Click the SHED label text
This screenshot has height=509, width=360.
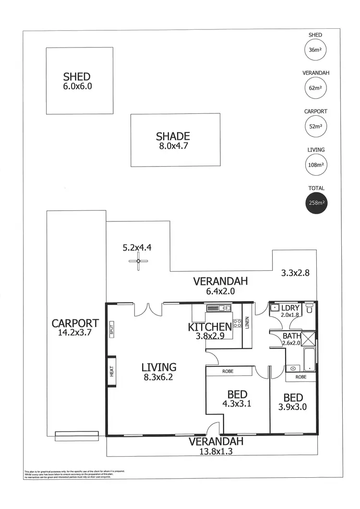tap(77, 76)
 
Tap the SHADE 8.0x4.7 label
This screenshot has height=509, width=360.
tap(173, 141)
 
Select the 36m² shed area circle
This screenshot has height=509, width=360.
tap(315, 50)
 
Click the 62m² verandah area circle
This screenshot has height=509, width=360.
tap(315, 88)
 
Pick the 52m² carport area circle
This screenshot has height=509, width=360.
tap(315, 127)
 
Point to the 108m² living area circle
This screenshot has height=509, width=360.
tap(315, 165)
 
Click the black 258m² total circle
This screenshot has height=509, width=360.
tap(315, 203)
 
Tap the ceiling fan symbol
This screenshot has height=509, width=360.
tap(138, 262)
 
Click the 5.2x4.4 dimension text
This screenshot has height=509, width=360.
tap(137, 248)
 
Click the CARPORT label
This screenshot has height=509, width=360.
tap(75, 323)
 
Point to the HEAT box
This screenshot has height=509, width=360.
tap(111, 371)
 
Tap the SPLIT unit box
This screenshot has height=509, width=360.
tap(111, 330)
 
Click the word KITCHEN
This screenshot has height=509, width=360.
tap(209, 327)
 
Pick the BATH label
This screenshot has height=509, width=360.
tap(291, 336)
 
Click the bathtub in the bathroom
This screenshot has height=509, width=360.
tap(310, 360)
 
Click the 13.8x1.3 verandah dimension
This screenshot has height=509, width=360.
tap(216, 451)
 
